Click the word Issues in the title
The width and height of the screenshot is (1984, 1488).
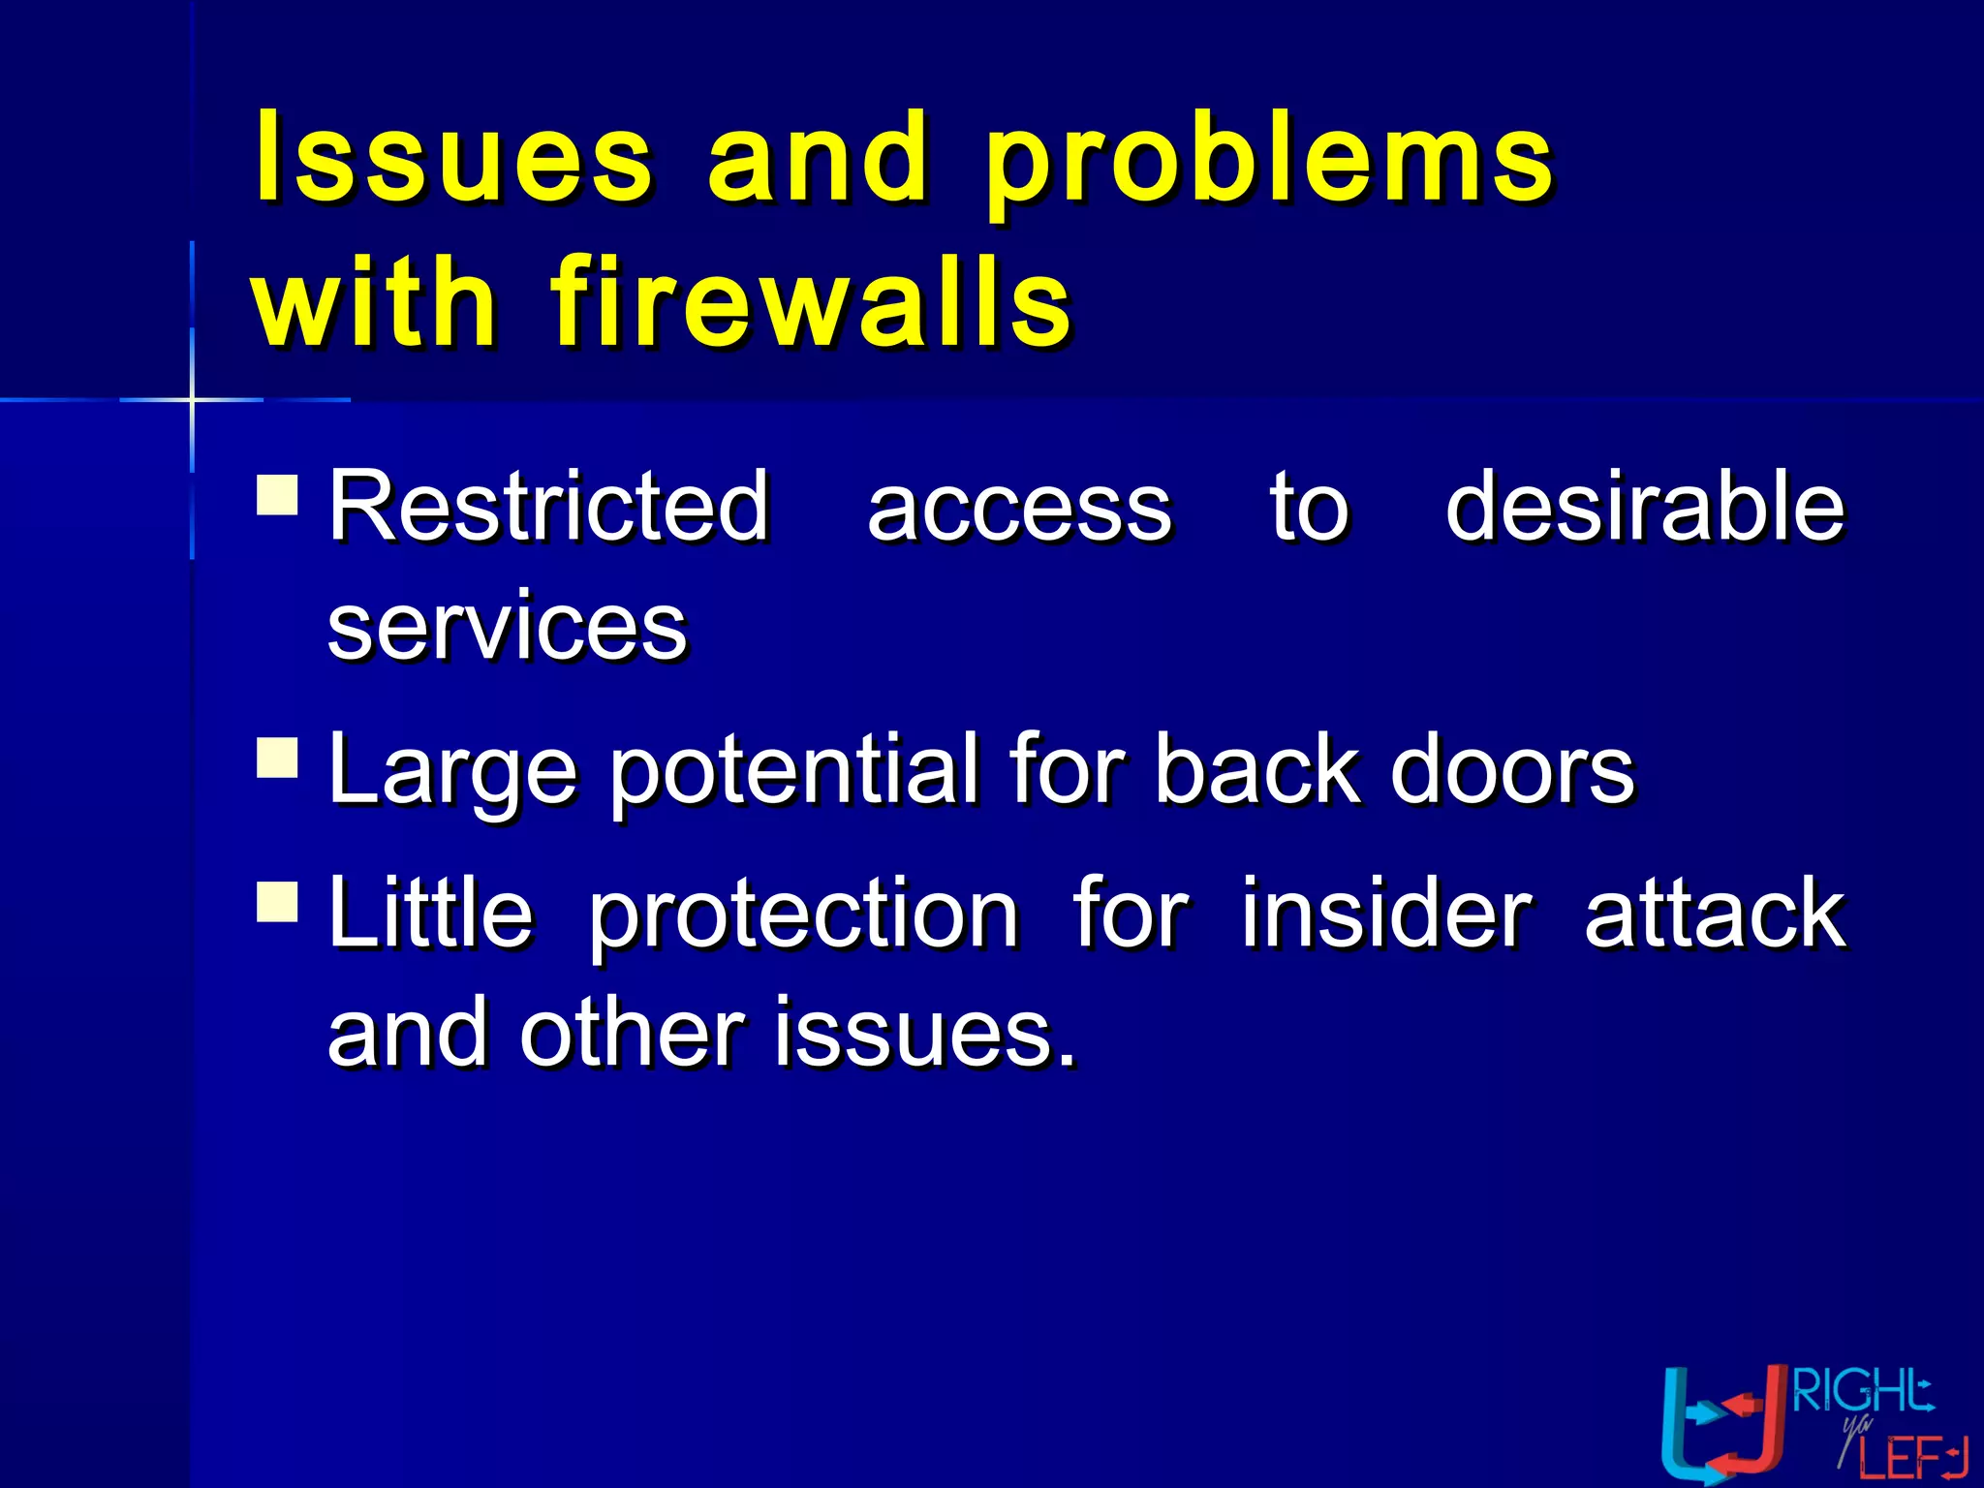tap(453, 157)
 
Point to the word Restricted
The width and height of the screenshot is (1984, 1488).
tap(548, 506)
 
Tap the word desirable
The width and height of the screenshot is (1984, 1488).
tap(1644, 506)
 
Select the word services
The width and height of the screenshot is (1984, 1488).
tap(508, 628)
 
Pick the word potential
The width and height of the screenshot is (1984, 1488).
tap(794, 771)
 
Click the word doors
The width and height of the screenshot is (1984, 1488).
tap(1512, 769)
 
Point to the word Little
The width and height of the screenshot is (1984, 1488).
tap(430, 913)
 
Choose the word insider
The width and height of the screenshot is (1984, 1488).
tap(1386, 913)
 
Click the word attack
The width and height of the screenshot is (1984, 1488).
tap(1715, 913)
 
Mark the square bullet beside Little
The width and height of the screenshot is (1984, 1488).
tap(277, 900)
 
